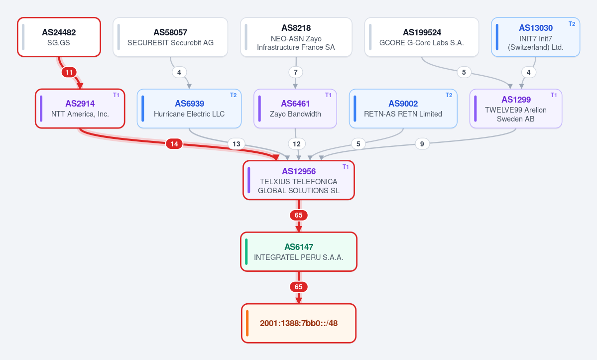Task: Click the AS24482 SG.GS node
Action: click(59, 37)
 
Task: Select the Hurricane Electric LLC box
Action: click(189, 109)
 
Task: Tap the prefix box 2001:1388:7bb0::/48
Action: click(299, 323)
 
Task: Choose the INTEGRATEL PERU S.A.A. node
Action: click(299, 251)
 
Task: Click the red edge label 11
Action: click(69, 72)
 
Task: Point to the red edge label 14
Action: click(174, 144)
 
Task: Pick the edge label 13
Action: click(237, 144)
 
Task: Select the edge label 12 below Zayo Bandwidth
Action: click(297, 144)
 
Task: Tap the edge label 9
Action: click(422, 144)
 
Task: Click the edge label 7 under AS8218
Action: click(296, 72)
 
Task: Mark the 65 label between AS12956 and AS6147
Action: click(299, 216)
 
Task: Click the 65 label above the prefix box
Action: click(299, 287)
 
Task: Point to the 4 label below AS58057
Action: click(179, 72)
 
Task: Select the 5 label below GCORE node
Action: click(464, 72)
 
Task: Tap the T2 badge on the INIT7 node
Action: click(572, 24)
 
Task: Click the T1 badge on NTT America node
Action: click(116, 95)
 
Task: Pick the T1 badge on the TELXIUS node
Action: click(346, 167)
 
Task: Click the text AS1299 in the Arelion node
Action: click(516, 100)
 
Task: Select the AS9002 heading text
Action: click(403, 104)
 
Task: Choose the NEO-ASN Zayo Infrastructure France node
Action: click(296, 37)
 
